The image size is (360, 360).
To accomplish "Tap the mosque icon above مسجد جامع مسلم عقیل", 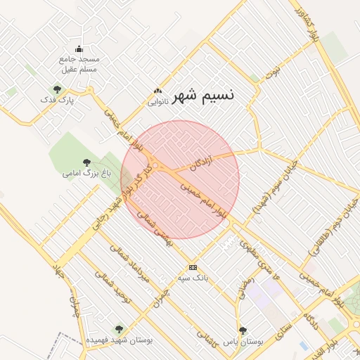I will tap(79, 49).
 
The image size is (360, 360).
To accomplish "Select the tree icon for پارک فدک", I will tap(57, 89).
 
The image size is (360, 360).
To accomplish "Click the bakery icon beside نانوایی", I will tap(158, 91).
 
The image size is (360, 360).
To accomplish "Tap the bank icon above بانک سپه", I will tap(193, 267).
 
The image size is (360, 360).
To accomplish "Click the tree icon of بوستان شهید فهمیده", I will tap(118, 328).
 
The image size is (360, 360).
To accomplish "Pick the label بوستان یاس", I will tap(243, 342).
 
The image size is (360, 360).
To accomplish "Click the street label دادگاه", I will tap(309, 317).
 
